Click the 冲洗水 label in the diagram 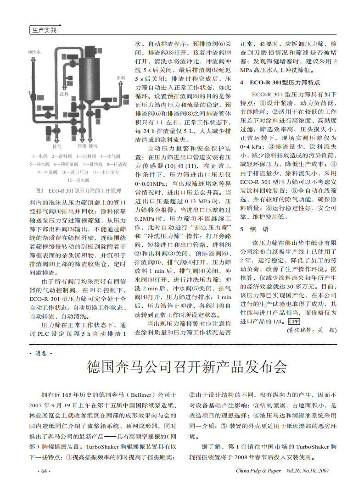[34, 53]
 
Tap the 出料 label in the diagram [121, 78]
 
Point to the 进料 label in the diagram [64, 94]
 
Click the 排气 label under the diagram [57, 146]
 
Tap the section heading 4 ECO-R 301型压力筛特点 [280, 83]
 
